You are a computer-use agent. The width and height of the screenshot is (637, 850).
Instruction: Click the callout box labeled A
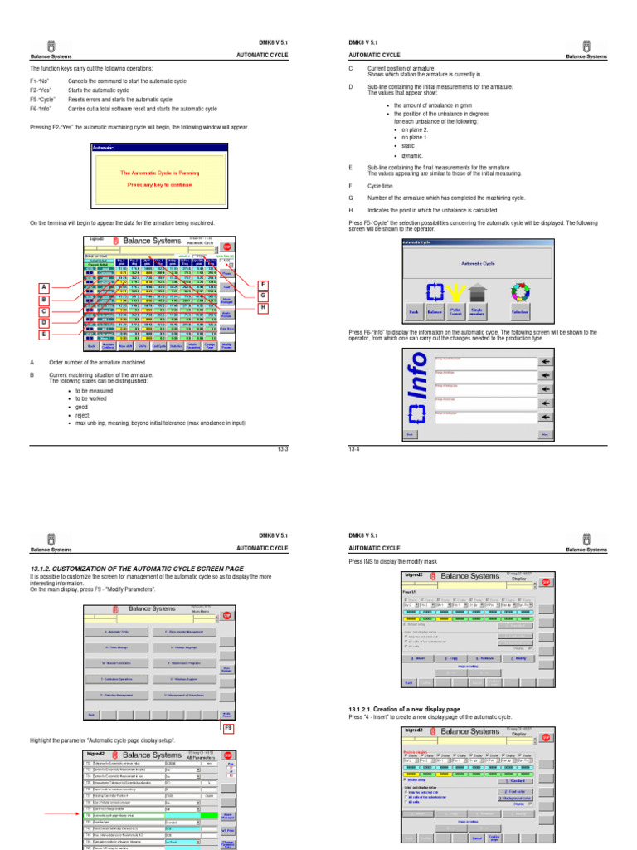pyautogui.click(x=43, y=287)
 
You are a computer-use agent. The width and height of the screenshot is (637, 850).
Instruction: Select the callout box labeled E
pyautogui.click(x=43, y=335)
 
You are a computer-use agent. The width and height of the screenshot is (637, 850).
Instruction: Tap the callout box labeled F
pyautogui.click(x=263, y=284)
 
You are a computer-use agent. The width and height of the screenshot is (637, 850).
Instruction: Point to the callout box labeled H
pyautogui.click(x=263, y=308)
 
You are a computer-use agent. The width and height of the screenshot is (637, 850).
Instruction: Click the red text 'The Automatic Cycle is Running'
pyautogui.click(x=158, y=173)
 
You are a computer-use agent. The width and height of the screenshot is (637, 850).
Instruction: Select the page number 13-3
pyautogui.click(x=282, y=448)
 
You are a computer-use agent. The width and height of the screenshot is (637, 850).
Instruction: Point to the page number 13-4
pyautogui.click(x=354, y=448)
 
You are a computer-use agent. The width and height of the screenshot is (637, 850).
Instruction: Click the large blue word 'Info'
pyautogui.click(x=417, y=394)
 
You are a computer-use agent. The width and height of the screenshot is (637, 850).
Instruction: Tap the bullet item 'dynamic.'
pyautogui.click(x=412, y=155)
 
